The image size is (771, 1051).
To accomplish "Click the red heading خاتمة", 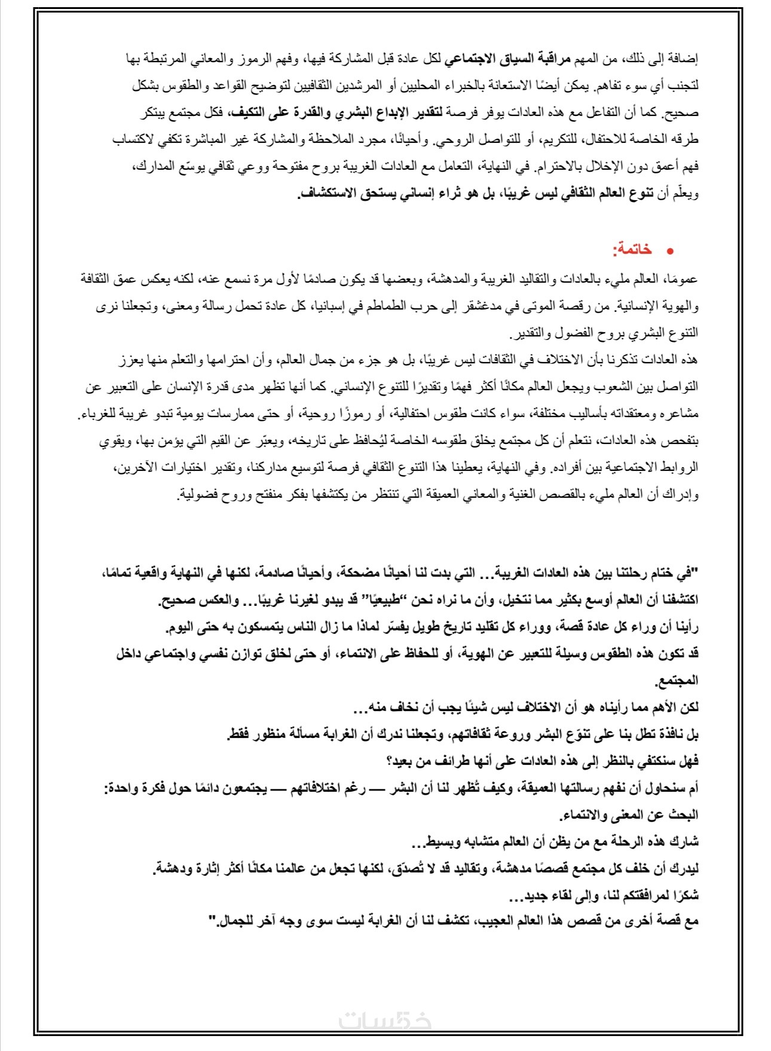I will coord(632,250).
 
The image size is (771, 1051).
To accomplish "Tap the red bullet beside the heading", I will coord(670,252).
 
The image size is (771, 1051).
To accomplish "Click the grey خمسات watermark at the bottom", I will coord(385,1021).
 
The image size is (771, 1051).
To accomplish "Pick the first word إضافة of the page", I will coord(684,59).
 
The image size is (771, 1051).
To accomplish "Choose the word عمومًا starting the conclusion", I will coord(684,280).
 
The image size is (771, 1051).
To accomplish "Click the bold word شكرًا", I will coord(685,895).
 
